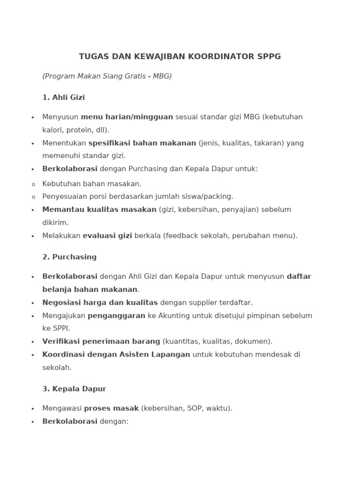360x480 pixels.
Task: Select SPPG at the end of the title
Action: [269, 57]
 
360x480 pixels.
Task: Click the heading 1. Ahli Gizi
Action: [63, 97]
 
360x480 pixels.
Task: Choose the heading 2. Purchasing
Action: [69, 257]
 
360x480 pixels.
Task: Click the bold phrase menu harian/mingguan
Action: [127, 117]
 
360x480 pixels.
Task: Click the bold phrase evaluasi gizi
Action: [107, 236]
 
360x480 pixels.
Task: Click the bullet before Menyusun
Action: [33, 118]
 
